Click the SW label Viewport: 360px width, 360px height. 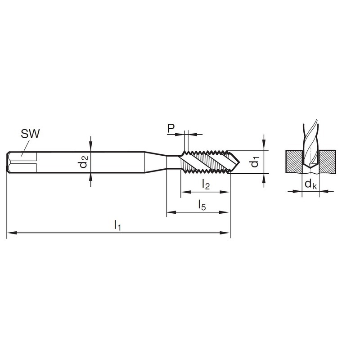tap(30, 134)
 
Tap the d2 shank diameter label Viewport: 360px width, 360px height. tap(83, 162)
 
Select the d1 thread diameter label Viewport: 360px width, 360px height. tap(255, 162)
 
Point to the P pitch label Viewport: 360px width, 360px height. tap(171, 128)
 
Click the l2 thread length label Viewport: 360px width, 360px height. tap(206, 184)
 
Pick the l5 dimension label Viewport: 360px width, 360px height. tap(202, 205)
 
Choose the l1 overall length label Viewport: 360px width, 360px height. tap(117, 225)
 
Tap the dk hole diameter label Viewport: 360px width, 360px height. tap(310, 184)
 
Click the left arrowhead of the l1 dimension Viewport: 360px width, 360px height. tap(12, 233)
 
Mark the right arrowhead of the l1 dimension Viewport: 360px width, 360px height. tap(225, 233)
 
